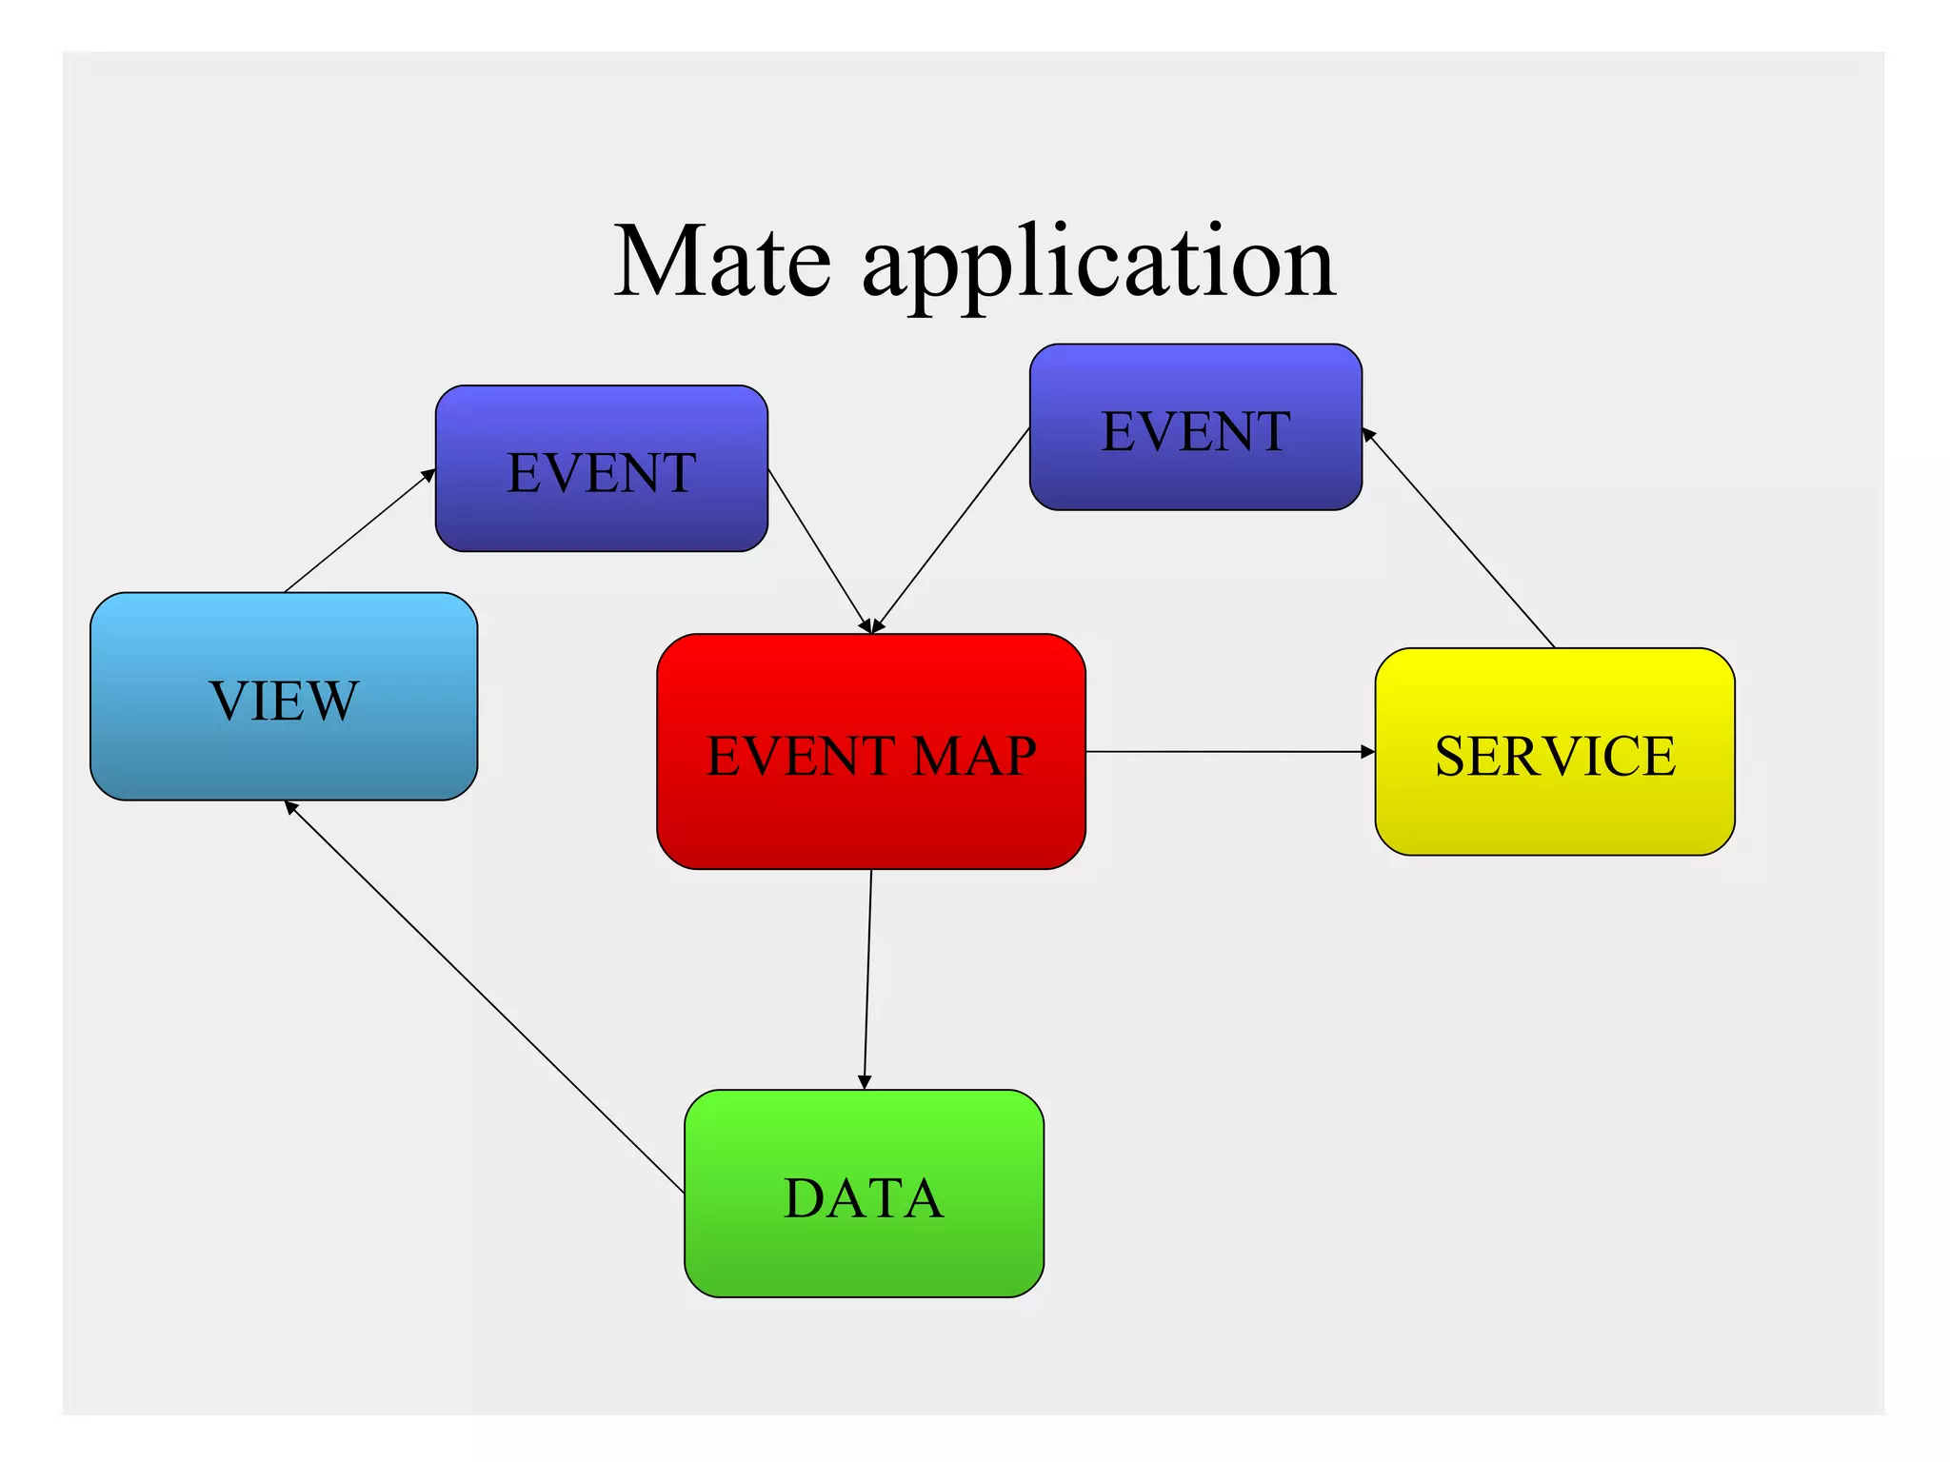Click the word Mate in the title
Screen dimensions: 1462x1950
point(722,262)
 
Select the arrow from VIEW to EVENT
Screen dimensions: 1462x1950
point(360,530)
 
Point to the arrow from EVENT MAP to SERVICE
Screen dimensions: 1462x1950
point(1228,752)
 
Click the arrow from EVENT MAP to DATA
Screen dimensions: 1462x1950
point(867,980)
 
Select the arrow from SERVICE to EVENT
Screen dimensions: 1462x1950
point(1459,539)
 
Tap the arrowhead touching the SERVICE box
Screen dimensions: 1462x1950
point(1368,752)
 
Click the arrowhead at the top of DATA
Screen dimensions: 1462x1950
point(865,1082)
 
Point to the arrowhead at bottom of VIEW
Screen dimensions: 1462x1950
point(291,808)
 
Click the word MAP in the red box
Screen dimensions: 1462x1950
point(974,757)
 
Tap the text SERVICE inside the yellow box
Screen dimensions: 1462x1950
point(1554,757)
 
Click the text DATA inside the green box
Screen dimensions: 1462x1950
point(864,1197)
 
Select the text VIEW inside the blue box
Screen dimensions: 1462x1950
point(284,701)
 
